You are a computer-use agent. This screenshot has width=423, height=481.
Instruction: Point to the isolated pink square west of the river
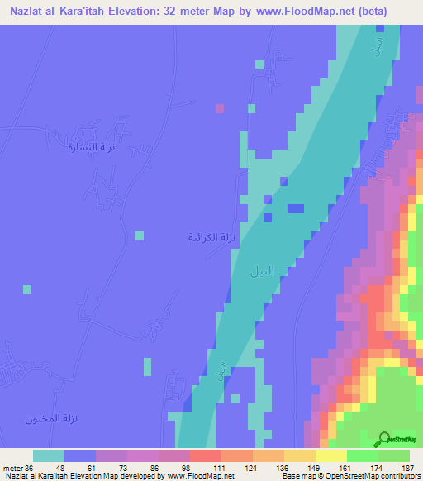pyautogui.click(x=219, y=108)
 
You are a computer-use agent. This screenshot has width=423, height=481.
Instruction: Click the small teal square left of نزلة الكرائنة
pyautogui.click(x=140, y=236)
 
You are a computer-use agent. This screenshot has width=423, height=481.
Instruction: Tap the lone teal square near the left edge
pyautogui.click(x=27, y=289)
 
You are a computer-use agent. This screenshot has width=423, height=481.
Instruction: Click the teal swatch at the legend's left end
pyautogui.click(x=48, y=455)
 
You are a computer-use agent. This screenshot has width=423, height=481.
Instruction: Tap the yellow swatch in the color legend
pyautogui.click(x=330, y=455)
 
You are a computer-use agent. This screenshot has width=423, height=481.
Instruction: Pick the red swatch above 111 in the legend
pyautogui.click(x=204, y=455)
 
